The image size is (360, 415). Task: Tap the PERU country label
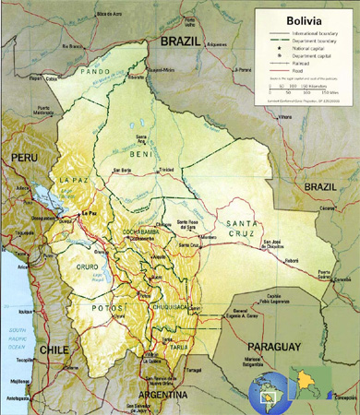25,159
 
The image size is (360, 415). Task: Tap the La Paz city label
89,213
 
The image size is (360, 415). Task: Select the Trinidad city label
166,172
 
